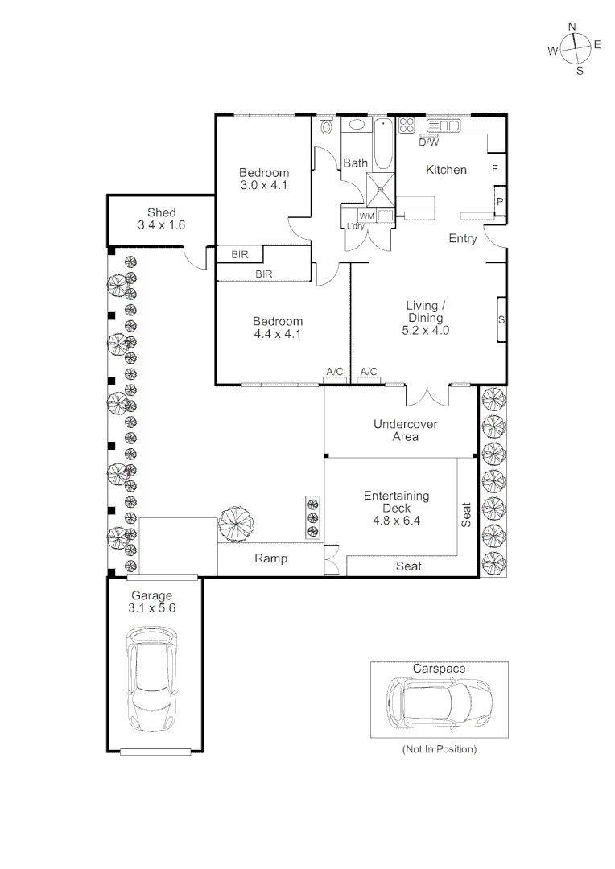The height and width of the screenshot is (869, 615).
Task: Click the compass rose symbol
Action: (x=574, y=49)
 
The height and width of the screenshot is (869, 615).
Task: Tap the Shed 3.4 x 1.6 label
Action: (x=161, y=219)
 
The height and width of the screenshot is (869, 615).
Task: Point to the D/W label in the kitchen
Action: (x=428, y=143)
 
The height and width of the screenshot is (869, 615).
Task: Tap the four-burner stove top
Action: (x=407, y=126)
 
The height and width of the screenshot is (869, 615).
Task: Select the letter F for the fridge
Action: (x=494, y=169)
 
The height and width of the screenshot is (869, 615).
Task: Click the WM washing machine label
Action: (x=366, y=216)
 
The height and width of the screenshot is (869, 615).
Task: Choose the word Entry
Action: (x=463, y=239)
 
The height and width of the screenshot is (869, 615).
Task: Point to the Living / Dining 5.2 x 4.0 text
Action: (x=426, y=317)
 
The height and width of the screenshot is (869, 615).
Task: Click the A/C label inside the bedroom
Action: (x=334, y=371)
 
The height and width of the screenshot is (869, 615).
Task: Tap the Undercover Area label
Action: (x=405, y=430)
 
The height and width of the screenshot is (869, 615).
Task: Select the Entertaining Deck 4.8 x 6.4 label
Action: (x=396, y=508)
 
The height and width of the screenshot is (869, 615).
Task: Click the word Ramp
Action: (x=270, y=558)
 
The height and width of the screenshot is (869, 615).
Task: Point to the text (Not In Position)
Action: (x=439, y=749)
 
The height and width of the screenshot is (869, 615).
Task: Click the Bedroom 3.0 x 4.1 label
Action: (x=264, y=179)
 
